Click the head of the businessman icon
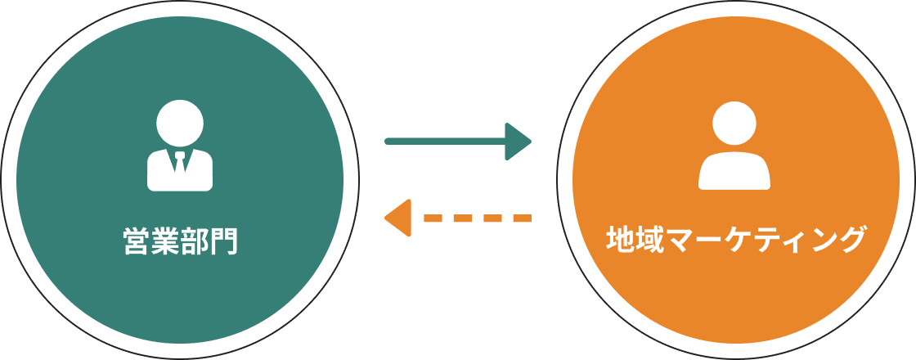click(x=180, y=124)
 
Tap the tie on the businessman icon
click(x=180, y=162)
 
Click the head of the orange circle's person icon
click(x=734, y=124)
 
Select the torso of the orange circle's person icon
click(x=734, y=171)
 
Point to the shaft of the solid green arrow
click(x=445, y=142)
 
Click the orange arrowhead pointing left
click(x=397, y=218)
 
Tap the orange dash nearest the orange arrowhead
click(x=433, y=218)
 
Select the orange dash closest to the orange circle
click(x=523, y=218)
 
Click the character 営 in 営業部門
click(x=137, y=241)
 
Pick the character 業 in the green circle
click(x=165, y=241)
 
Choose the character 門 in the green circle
click(x=223, y=241)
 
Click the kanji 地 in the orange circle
click(x=621, y=240)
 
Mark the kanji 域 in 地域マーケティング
click(x=649, y=240)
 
